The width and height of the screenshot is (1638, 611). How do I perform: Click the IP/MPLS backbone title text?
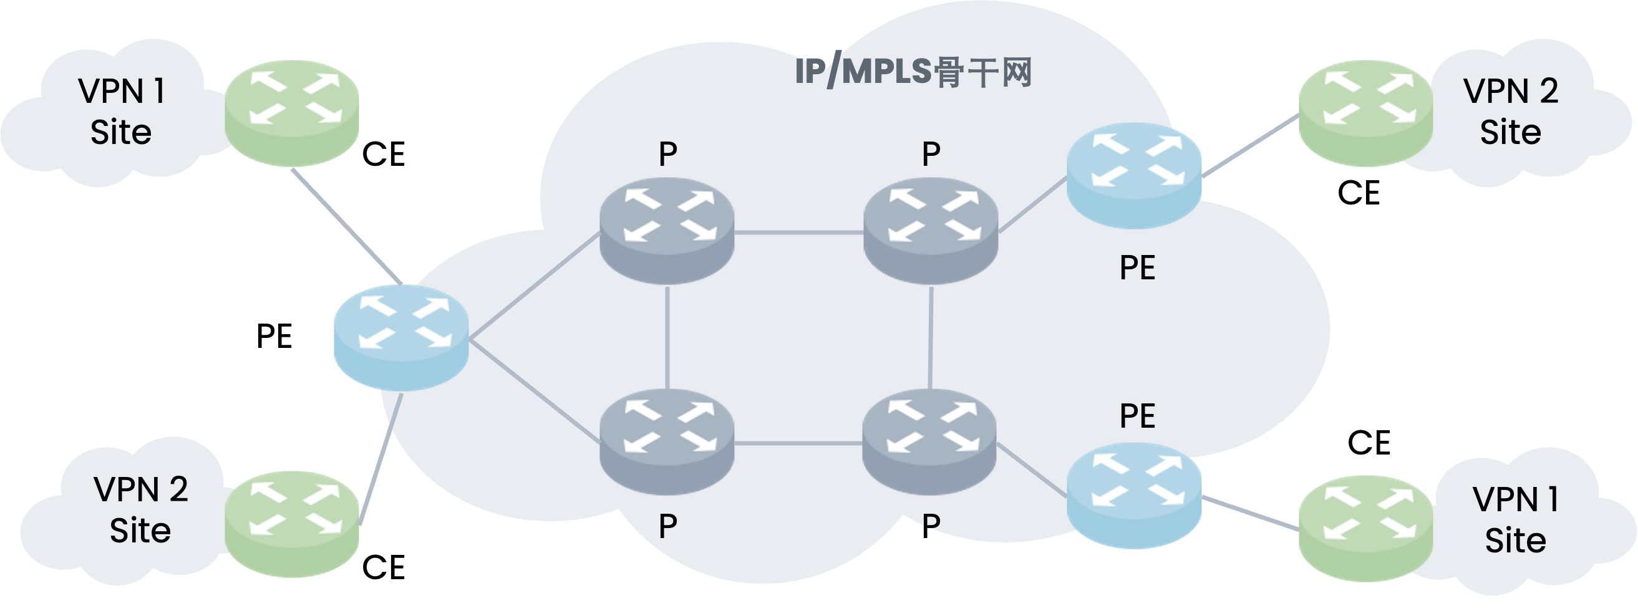point(913,72)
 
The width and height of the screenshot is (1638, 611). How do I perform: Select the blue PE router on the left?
point(401,337)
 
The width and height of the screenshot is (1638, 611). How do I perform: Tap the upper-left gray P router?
point(667,230)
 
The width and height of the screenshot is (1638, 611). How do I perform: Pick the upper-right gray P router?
point(931,230)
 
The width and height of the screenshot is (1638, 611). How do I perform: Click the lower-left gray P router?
point(667,442)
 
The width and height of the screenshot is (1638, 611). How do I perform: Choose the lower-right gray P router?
point(929,442)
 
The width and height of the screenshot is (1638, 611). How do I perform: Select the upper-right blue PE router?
point(1134,175)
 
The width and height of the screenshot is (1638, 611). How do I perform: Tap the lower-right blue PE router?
point(1134,495)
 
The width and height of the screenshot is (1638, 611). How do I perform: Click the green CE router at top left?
point(292,113)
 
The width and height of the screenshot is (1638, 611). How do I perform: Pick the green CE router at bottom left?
point(292,524)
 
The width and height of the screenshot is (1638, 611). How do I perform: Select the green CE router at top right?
point(1365,113)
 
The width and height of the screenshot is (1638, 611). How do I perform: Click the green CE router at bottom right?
point(1365,528)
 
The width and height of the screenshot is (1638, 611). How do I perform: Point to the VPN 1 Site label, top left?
point(121,111)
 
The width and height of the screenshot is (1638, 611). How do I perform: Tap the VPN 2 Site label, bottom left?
point(140,509)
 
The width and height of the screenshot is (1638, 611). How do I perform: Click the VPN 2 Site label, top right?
point(1511,111)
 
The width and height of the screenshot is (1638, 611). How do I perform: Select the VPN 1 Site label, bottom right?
point(1515,519)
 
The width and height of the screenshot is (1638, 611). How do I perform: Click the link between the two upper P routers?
point(798,233)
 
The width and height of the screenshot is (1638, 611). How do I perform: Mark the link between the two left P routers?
point(667,337)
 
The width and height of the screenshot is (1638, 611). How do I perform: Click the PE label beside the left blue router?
point(274,335)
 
